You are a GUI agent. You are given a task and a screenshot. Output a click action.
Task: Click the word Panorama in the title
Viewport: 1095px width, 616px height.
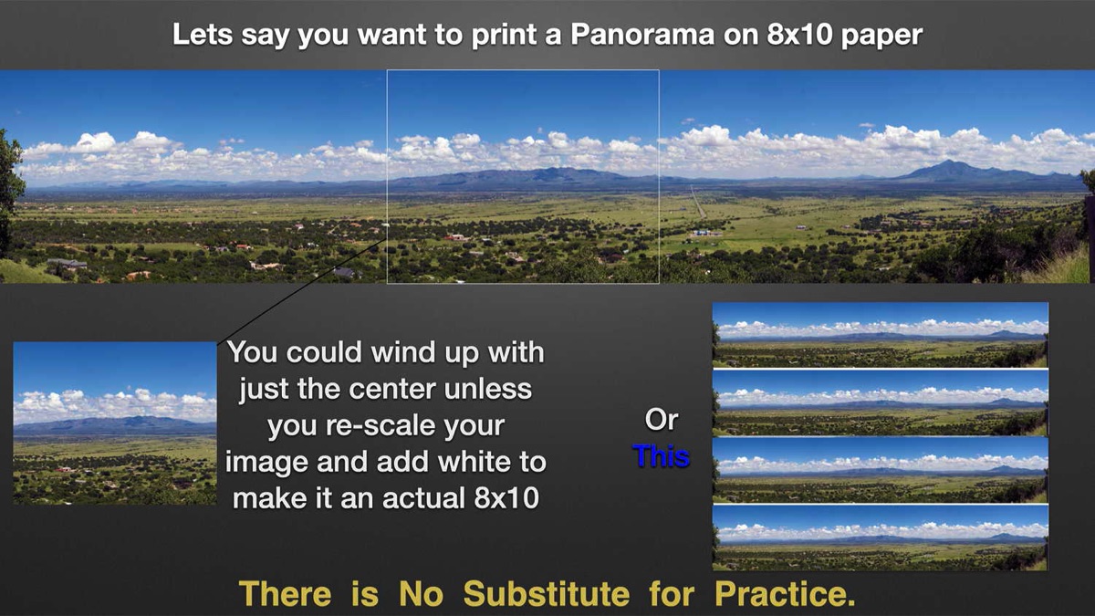point(642,35)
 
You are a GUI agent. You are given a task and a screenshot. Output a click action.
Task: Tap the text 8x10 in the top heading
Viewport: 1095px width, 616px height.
point(799,35)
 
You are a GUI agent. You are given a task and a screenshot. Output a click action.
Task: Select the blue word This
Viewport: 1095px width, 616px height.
point(661,455)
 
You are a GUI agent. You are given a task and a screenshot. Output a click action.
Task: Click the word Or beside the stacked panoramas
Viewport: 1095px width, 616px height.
point(661,420)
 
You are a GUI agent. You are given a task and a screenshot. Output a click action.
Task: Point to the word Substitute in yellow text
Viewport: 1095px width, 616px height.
point(547,593)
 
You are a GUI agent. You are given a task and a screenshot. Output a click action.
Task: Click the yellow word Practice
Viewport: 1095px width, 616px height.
point(785,593)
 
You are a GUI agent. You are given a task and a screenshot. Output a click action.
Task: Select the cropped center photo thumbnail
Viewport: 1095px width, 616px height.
point(115,423)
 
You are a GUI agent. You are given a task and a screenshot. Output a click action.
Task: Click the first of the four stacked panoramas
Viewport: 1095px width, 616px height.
point(881,335)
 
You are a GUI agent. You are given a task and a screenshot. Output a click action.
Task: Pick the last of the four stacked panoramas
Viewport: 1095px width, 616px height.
point(881,538)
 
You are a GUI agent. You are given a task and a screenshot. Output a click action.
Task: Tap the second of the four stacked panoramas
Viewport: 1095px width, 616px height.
point(881,402)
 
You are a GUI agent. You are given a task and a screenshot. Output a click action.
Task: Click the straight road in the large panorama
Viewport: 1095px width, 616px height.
point(698,202)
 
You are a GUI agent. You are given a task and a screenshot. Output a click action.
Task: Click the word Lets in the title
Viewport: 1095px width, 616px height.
point(203,35)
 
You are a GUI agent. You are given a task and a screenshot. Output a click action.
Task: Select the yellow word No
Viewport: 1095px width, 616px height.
point(421,593)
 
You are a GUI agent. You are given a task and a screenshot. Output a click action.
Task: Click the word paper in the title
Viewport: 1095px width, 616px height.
point(881,37)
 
